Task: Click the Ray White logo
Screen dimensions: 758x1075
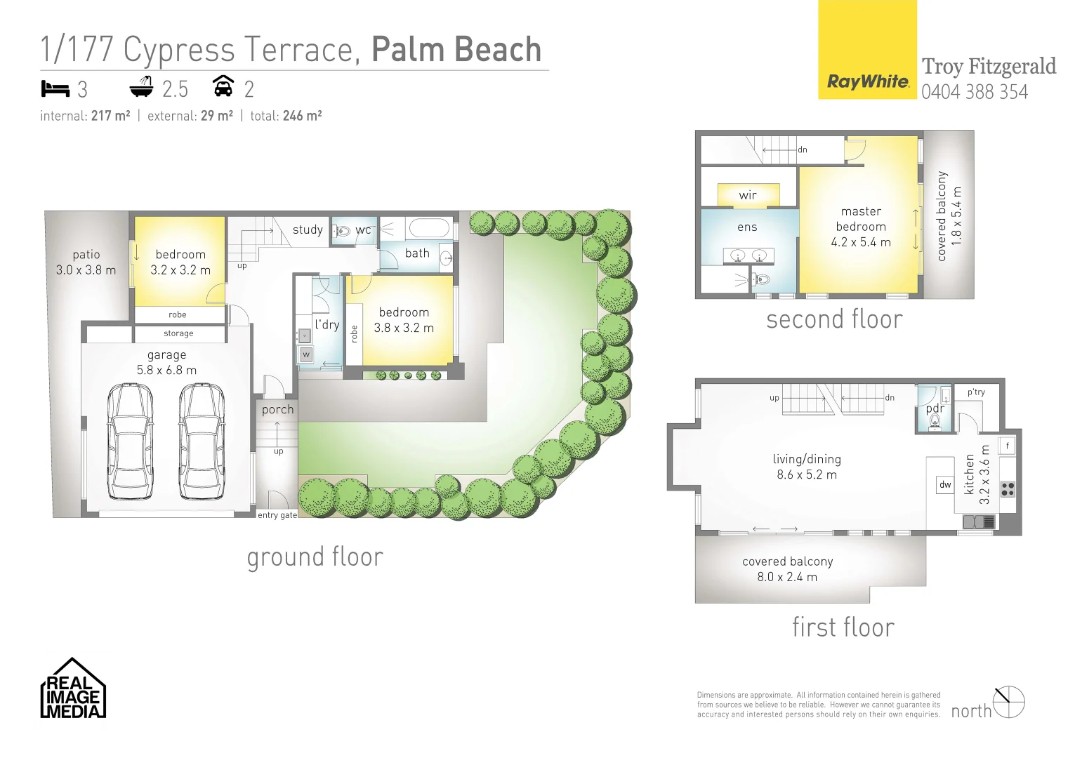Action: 867,81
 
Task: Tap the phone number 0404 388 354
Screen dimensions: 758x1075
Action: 974,92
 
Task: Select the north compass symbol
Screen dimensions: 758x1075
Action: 1009,702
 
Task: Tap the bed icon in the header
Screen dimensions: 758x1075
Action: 55,88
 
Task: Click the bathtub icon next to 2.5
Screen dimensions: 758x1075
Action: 142,87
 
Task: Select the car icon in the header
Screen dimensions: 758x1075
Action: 223,86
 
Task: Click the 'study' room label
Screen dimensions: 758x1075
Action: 308,230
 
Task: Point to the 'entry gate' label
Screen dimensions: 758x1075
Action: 277,515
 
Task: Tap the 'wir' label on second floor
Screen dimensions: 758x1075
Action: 748,195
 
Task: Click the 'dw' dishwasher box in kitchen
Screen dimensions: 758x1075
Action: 945,484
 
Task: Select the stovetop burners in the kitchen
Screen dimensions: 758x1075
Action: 1008,488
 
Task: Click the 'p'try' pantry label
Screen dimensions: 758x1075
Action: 976,392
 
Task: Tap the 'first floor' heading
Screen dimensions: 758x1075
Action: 843,627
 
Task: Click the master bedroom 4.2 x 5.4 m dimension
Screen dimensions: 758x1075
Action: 861,242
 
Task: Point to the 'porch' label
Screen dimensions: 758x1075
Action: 278,409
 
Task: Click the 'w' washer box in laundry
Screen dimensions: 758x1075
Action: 306,355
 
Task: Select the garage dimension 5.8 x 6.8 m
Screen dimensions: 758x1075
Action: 166,370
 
